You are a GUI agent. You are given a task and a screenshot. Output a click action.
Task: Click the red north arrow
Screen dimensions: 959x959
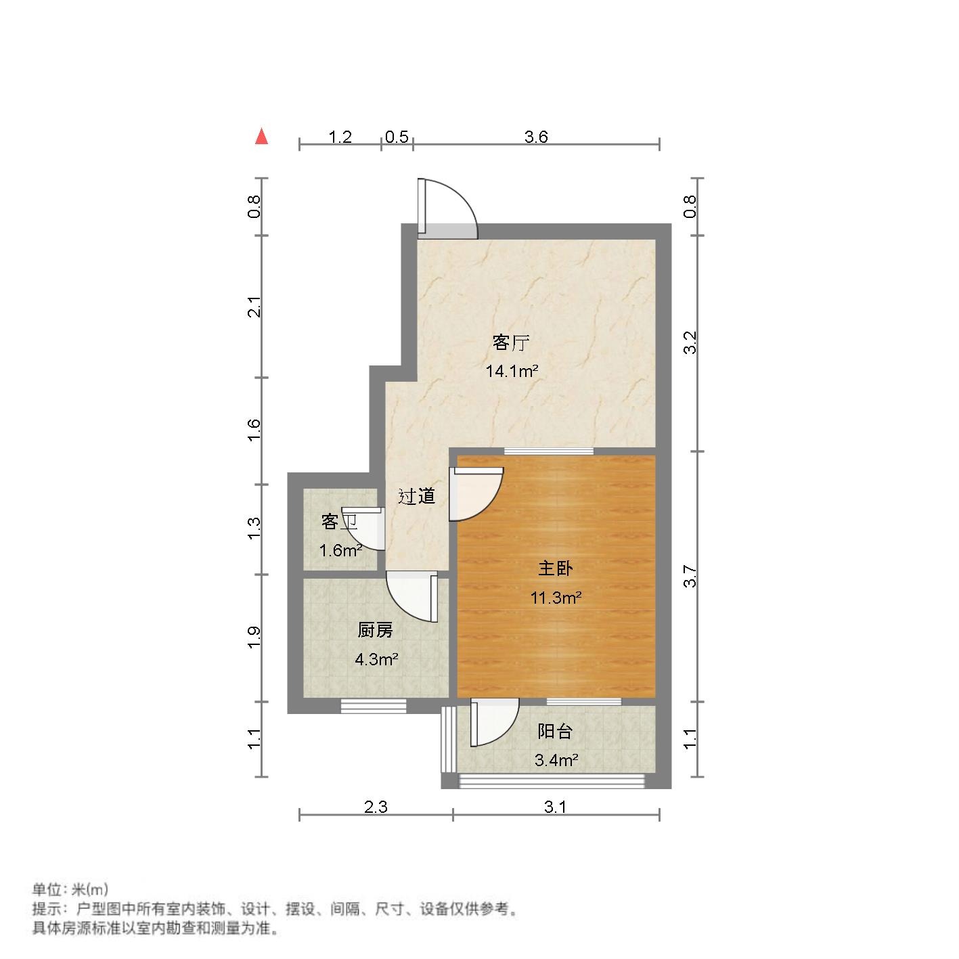click(261, 137)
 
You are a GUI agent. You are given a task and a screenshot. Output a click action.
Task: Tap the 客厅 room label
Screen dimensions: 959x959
click(510, 343)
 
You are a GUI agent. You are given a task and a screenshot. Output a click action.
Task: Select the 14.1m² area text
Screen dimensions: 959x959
click(512, 371)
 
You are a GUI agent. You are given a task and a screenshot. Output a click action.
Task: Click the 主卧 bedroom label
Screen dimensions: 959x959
click(555, 568)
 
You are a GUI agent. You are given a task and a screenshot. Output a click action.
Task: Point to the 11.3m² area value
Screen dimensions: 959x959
click(556, 598)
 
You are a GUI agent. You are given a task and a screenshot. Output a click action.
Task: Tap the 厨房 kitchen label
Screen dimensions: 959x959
click(375, 631)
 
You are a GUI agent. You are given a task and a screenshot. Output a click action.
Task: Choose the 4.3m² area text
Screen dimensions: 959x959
click(376, 659)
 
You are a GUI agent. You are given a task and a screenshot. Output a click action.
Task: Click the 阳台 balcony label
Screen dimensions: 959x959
click(555, 732)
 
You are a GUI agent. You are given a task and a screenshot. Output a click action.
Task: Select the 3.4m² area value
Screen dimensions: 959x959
click(556, 760)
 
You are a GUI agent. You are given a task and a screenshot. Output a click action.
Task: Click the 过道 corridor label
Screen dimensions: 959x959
click(416, 497)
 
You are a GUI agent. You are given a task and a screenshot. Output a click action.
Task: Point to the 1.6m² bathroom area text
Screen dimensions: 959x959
click(340, 550)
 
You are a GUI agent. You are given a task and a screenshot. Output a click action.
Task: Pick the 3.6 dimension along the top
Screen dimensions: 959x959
click(536, 137)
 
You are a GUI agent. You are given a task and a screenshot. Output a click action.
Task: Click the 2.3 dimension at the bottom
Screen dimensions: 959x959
click(376, 807)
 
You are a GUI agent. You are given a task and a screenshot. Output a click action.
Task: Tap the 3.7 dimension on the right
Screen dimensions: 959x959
click(690, 576)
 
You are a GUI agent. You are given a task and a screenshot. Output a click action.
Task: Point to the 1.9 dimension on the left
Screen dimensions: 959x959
click(254, 638)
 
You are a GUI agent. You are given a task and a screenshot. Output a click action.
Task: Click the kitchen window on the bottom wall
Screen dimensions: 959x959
click(374, 706)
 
